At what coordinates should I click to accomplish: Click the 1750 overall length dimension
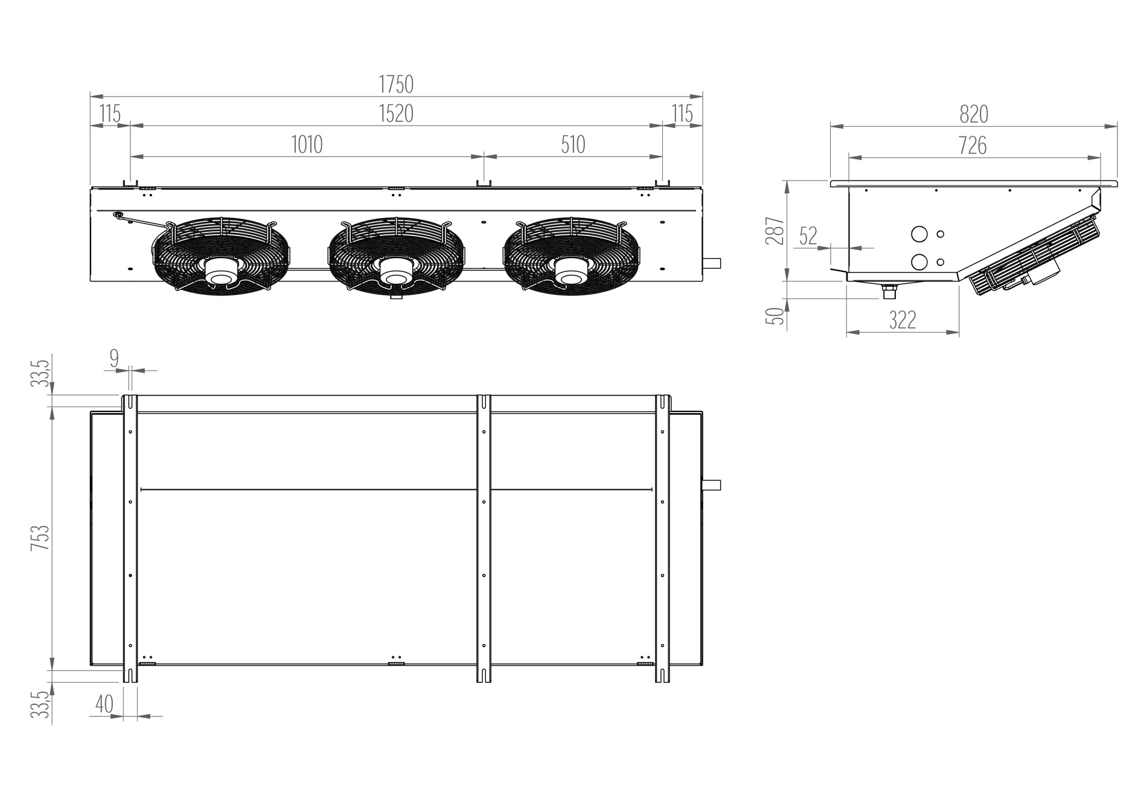click(x=396, y=85)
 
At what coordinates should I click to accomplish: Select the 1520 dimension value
click(x=396, y=114)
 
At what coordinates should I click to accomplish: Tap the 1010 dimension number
click(x=307, y=145)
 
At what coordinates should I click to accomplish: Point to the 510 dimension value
click(x=573, y=145)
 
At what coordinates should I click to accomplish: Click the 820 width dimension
click(x=973, y=114)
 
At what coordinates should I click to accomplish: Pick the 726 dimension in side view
click(x=973, y=146)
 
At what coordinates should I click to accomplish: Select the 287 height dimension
click(x=775, y=231)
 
